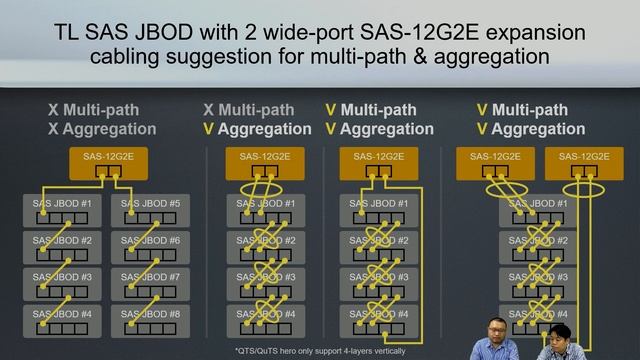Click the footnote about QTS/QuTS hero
coord(320,350)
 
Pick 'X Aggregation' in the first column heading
coord(101,129)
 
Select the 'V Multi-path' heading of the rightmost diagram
coord(522,109)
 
